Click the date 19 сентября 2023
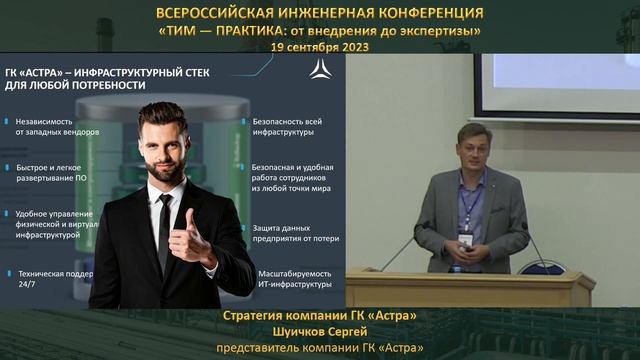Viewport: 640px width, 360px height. pyautogui.click(x=319, y=46)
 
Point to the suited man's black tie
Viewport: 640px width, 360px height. pyautogui.click(x=164, y=231)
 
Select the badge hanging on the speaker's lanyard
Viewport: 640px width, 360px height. pyautogui.click(x=466, y=239)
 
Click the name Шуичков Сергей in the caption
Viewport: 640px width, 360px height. pyautogui.click(x=319, y=332)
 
